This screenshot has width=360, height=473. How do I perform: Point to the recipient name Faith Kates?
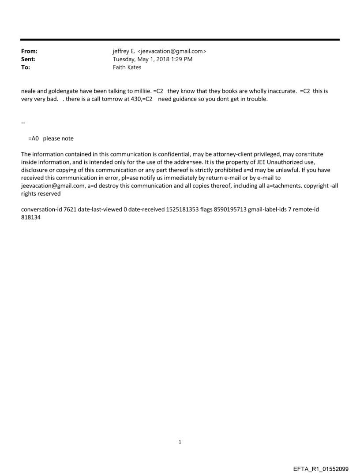click(127, 67)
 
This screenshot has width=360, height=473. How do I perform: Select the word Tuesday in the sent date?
click(125, 60)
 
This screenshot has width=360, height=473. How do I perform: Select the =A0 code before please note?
click(34, 138)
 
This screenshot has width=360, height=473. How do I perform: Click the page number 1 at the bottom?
click(180, 442)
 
